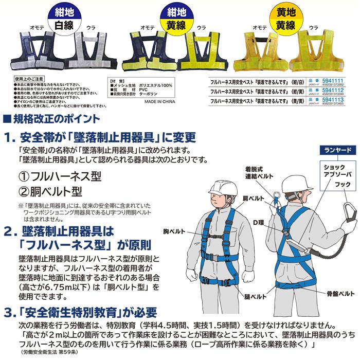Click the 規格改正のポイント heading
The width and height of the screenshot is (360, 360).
tap(51, 119)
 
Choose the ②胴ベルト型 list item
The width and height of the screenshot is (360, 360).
tap(50, 191)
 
